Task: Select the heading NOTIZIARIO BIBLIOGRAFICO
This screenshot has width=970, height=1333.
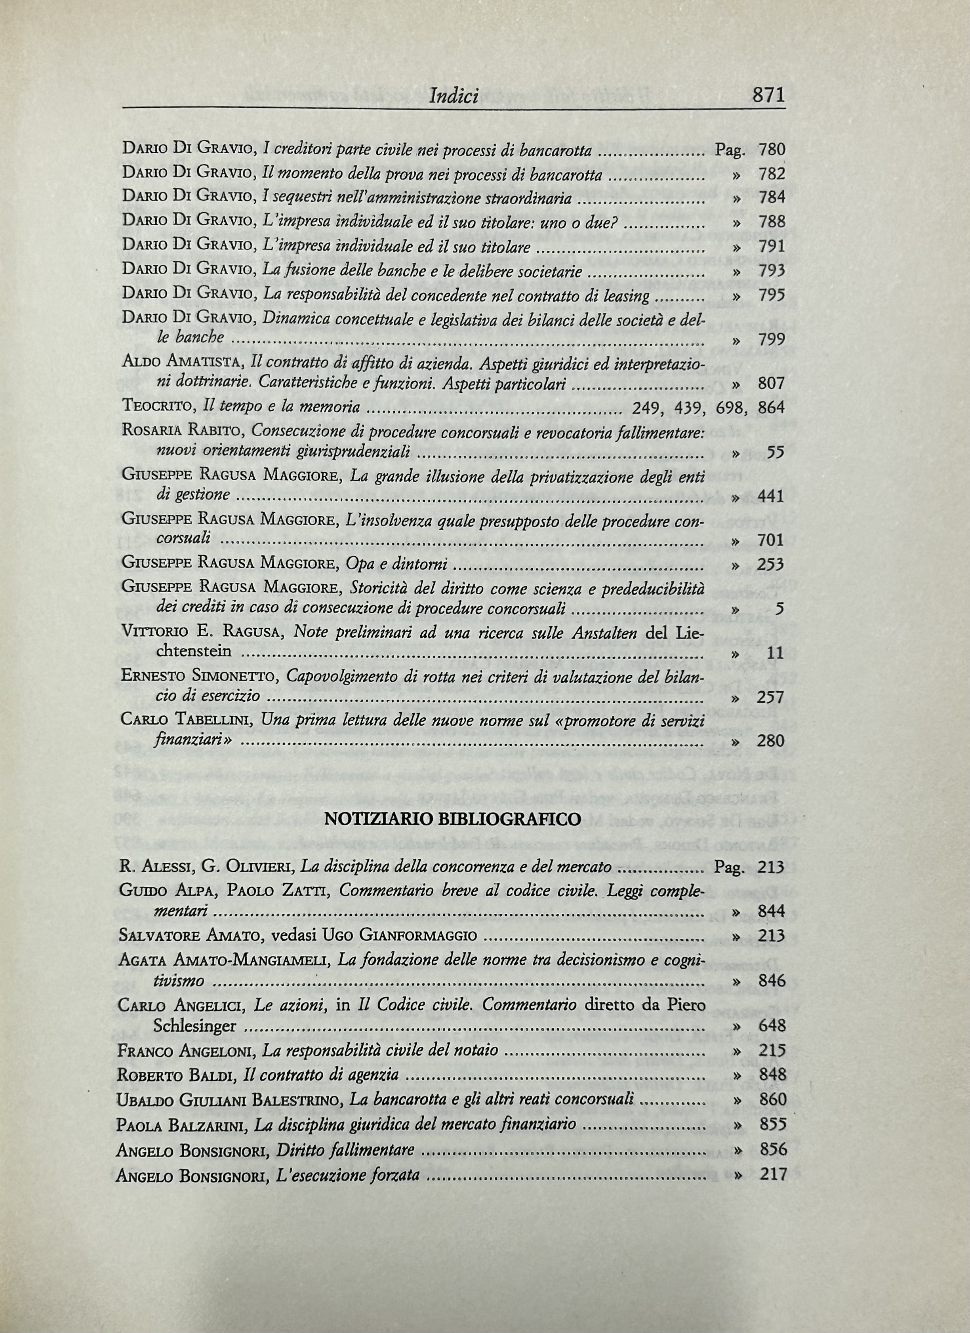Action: [453, 819]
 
